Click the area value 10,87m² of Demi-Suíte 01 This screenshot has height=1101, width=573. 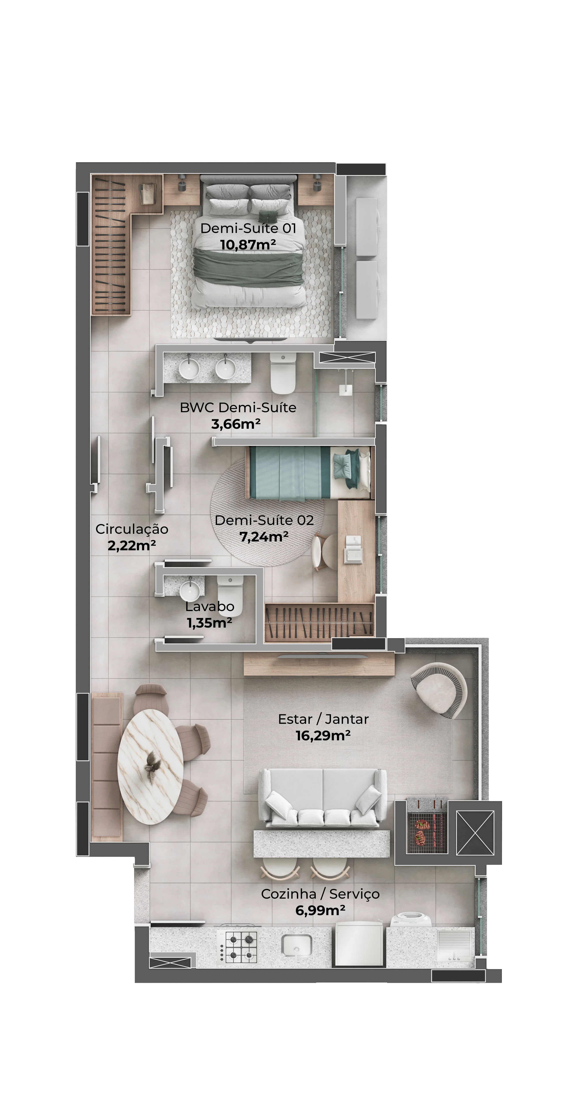(x=248, y=245)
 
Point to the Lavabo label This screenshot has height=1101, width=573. (x=210, y=606)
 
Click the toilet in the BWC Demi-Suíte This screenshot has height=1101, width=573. (x=283, y=373)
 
